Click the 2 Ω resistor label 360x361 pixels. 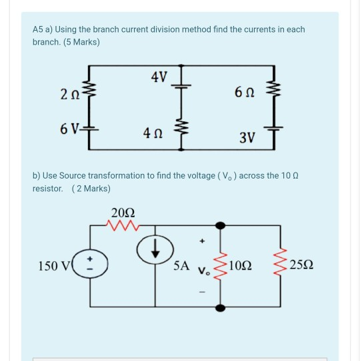click(70, 94)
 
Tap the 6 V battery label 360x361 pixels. click(70, 129)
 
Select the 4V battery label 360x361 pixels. click(159, 77)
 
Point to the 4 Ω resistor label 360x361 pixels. click(153, 133)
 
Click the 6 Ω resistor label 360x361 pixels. click(245, 92)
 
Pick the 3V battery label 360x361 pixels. click(247, 137)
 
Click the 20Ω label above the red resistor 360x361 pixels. click(123, 212)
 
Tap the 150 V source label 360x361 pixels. click(54, 266)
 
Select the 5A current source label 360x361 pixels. click(181, 266)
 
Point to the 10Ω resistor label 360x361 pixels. click(241, 266)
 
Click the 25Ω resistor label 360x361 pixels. click(301, 265)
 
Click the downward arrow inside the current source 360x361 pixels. click(155, 248)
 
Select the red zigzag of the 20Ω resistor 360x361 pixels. click(123, 225)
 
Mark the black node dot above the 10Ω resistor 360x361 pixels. click(220, 226)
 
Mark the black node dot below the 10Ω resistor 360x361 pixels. click(220, 308)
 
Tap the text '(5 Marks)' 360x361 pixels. click(81, 42)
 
